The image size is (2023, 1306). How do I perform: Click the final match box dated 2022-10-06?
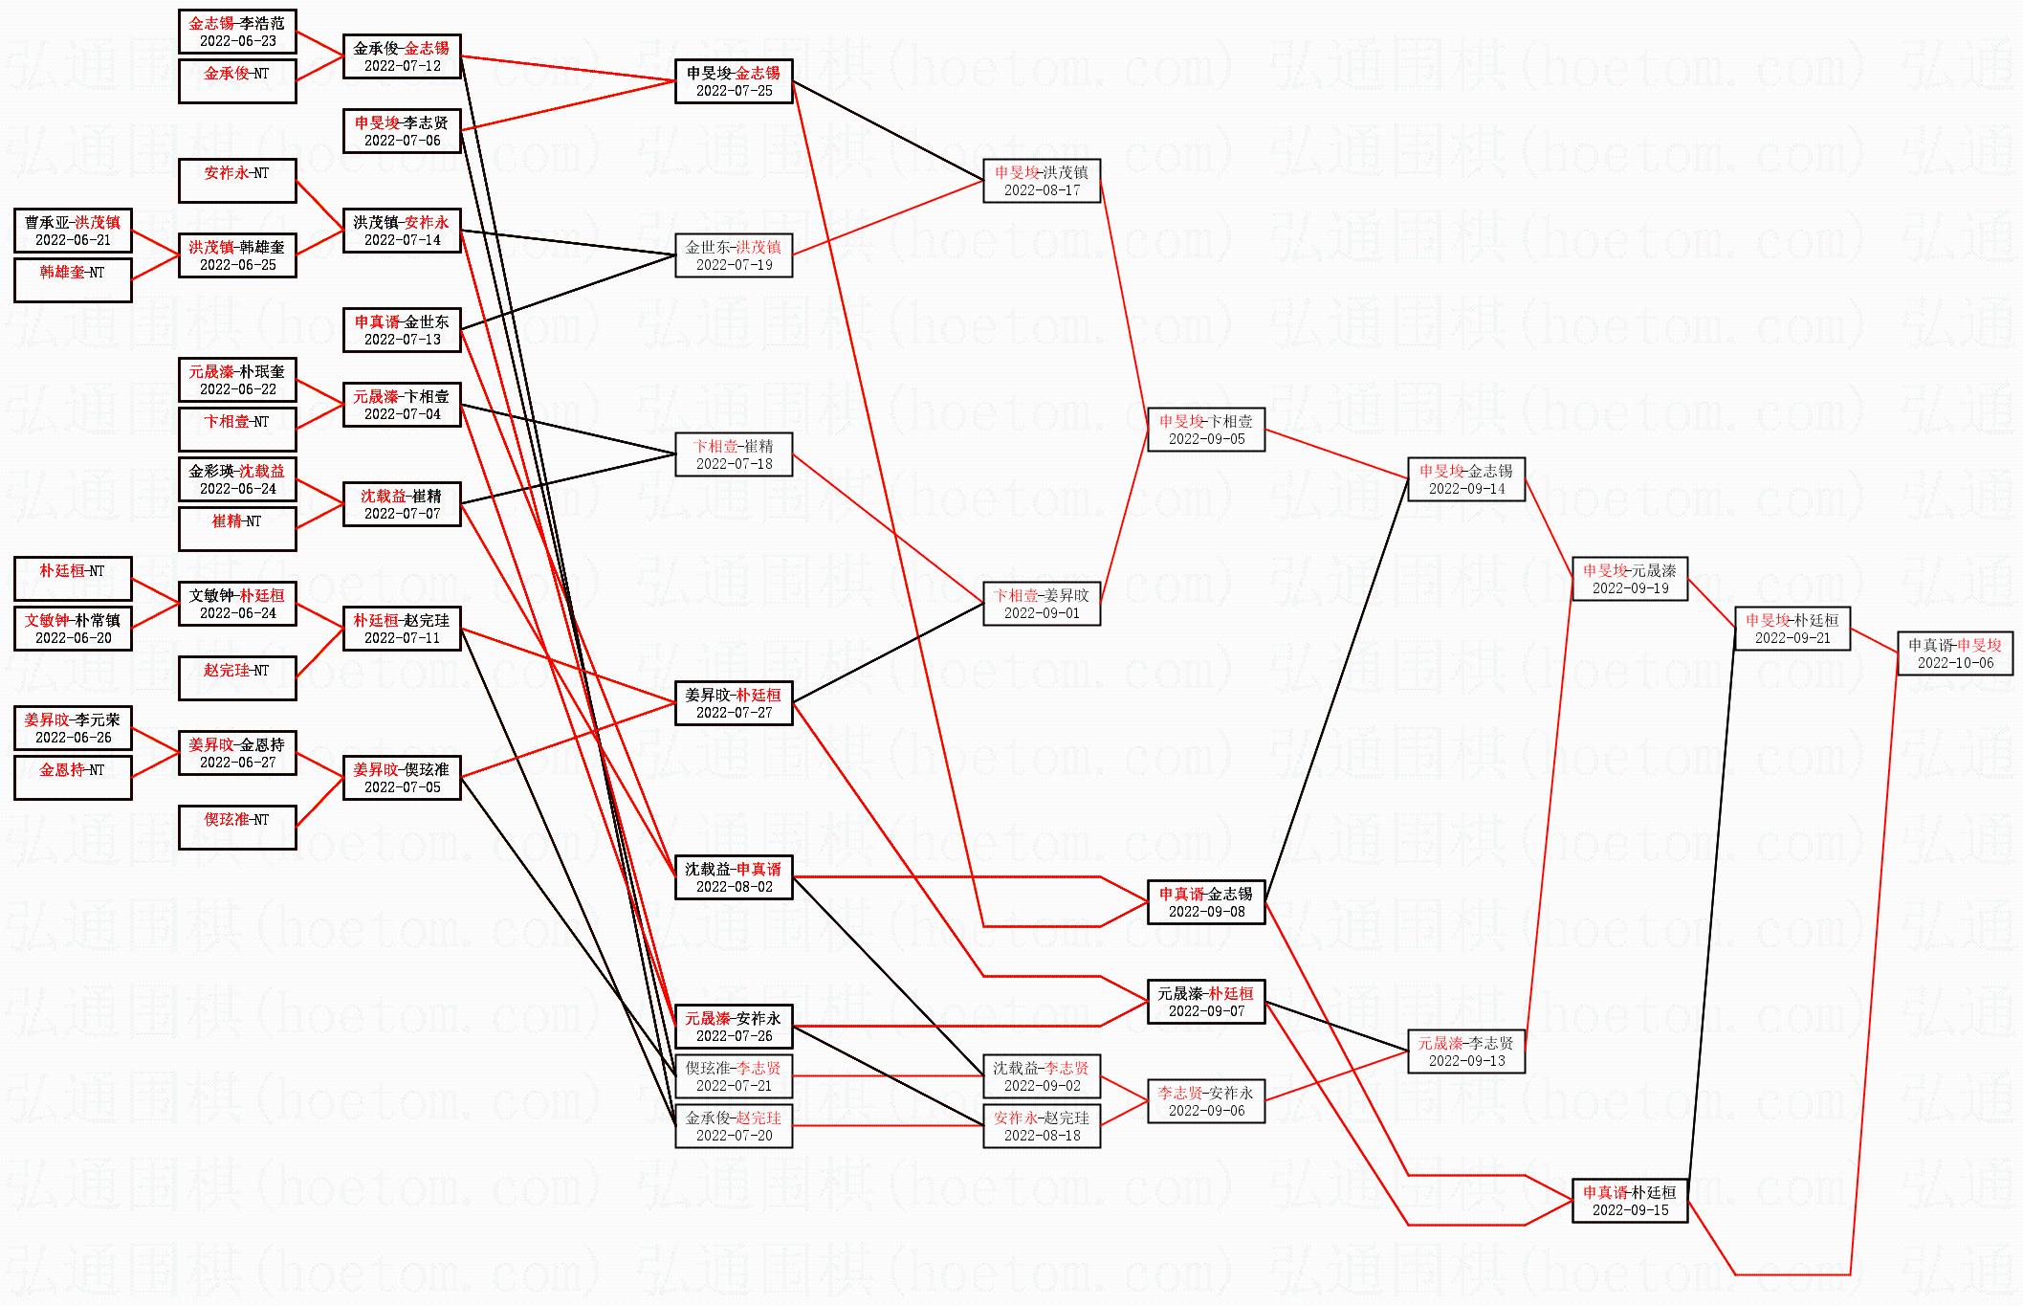pyautogui.click(x=1955, y=653)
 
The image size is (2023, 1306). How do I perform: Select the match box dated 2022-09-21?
pyautogui.click(x=1792, y=629)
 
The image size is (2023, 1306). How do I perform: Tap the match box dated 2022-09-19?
pyautogui.click(x=1630, y=579)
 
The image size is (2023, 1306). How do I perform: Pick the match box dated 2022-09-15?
pyautogui.click(x=1630, y=1201)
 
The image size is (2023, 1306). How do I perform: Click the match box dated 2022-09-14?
pyautogui.click(x=1466, y=479)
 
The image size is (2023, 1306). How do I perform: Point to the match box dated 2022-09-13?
pyautogui.click(x=1466, y=1051)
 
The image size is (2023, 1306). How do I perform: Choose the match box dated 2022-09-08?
pyautogui.click(x=1206, y=902)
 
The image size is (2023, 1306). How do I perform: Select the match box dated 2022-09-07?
pyautogui.click(x=1206, y=1002)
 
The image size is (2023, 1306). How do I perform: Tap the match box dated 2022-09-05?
pyautogui.click(x=1206, y=430)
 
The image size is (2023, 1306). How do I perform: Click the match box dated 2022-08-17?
pyautogui.click(x=1042, y=181)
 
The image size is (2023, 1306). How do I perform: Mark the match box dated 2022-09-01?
pyautogui.click(x=1042, y=604)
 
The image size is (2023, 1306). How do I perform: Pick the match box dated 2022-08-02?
pyautogui.click(x=734, y=877)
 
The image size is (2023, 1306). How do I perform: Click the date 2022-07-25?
pyautogui.click(x=734, y=91)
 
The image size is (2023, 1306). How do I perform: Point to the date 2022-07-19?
pyautogui.click(x=734, y=265)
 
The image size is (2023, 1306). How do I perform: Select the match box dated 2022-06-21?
pyautogui.click(x=73, y=231)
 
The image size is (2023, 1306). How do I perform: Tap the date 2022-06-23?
pyautogui.click(x=237, y=41)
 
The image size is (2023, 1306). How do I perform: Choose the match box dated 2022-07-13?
pyautogui.click(x=402, y=330)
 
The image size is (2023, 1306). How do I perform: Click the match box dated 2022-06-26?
pyautogui.click(x=73, y=728)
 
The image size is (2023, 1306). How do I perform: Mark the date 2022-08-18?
pyautogui.click(x=1042, y=1136)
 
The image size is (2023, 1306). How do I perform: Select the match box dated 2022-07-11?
pyautogui.click(x=402, y=629)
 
